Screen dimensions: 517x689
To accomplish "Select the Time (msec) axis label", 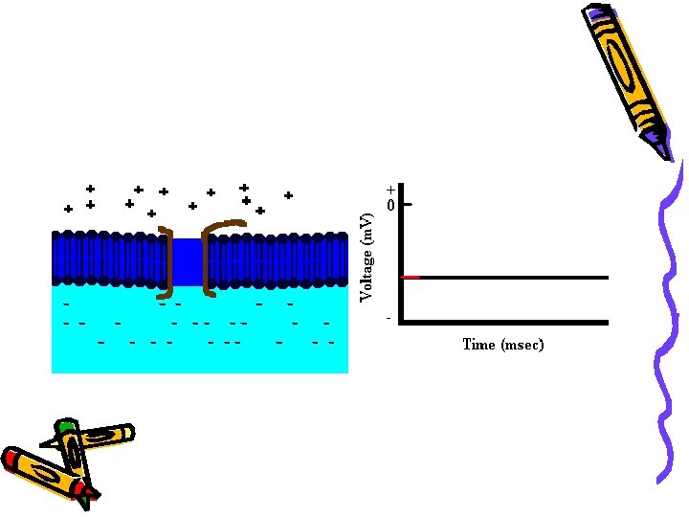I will pos(502,345).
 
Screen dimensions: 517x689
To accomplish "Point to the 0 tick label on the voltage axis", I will pos(390,205).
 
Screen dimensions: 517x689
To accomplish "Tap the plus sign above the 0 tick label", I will pos(390,190).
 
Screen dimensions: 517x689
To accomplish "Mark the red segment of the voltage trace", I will pos(411,277).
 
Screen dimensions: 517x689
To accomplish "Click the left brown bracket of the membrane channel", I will pos(168,258).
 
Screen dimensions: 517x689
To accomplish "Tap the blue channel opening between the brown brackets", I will pos(188,261).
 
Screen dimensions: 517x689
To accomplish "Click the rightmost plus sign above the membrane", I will pos(288,195).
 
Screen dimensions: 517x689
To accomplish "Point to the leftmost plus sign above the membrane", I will pos(68,209).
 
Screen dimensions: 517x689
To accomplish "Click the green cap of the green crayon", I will pos(65,425).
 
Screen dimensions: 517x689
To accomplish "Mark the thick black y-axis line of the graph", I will pos(400,254).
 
